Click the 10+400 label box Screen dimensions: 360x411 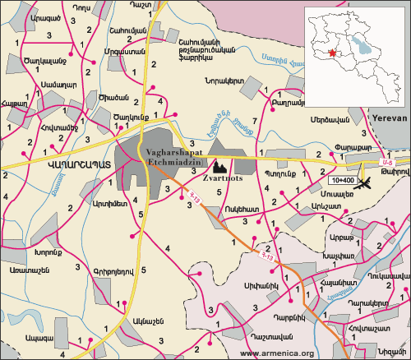tap(343, 179)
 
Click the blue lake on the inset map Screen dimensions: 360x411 tap(359, 39)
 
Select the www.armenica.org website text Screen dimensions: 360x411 tap(277, 353)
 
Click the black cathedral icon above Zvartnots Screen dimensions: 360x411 tap(220, 165)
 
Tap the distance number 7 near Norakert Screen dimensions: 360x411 tap(254, 122)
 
